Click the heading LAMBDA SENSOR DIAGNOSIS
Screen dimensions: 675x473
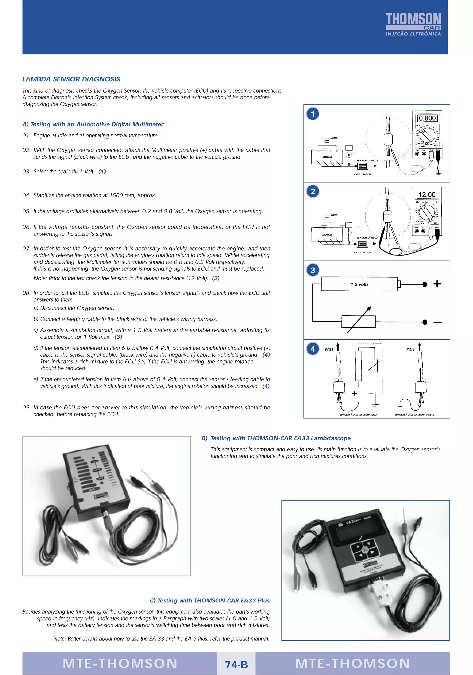tap(71, 79)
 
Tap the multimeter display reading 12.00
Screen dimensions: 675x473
tap(427, 195)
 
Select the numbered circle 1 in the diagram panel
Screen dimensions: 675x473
tap(313, 114)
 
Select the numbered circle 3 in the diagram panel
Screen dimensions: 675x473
tap(313, 270)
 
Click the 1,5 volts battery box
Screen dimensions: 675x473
tap(359, 284)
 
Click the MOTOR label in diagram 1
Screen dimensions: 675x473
tap(327, 157)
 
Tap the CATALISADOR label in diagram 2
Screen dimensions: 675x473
tap(362, 253)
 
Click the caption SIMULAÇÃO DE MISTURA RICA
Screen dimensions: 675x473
tap(358, 415)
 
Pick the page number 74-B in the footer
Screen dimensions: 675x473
tap(236, 664)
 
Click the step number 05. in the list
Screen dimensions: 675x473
tap(27, 211)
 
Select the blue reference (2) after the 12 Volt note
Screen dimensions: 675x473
tap(216, 278)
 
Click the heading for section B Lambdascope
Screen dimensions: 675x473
tap(276, 438)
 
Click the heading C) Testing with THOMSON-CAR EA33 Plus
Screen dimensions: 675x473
tap(209, 601)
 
